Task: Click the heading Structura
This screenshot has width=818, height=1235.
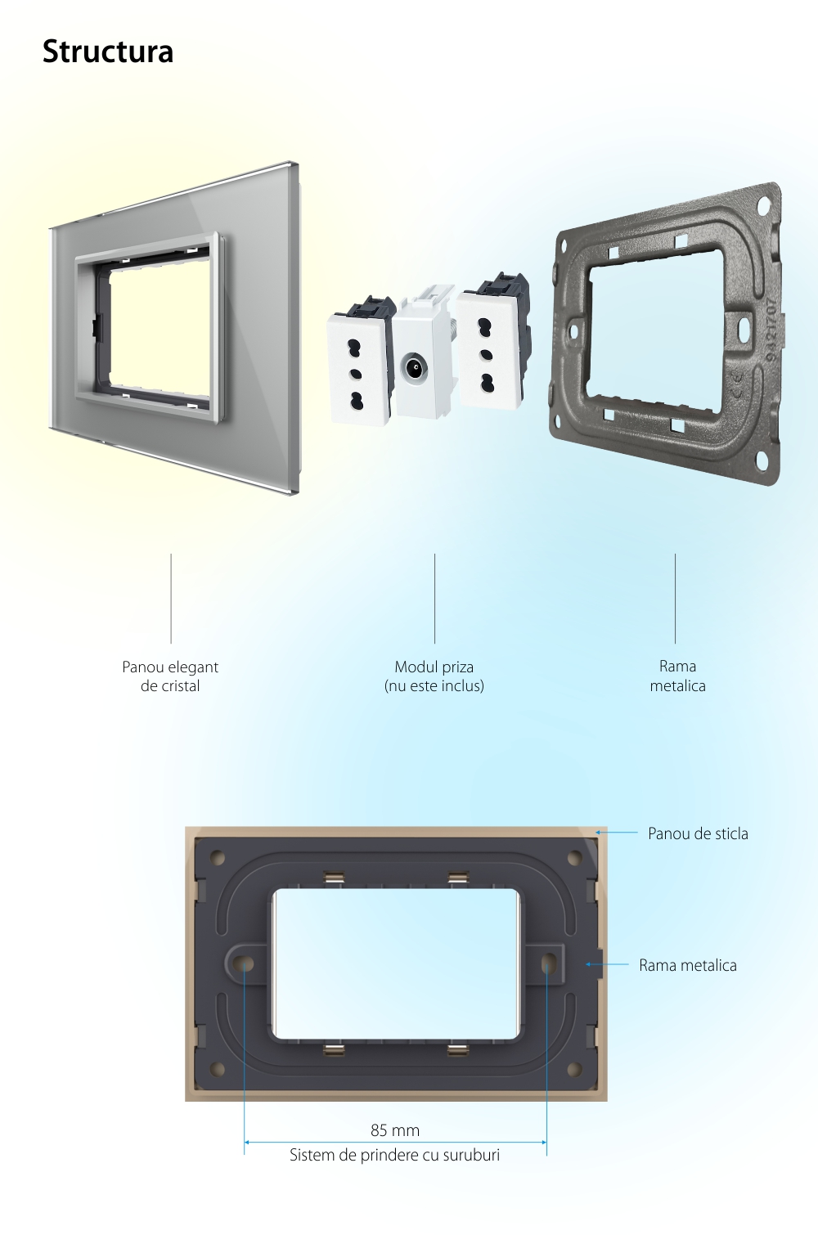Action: tap(108, 52)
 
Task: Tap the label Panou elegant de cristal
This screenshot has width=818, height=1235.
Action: tap(170, 676)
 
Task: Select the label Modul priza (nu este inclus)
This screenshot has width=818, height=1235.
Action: tap(434, 676)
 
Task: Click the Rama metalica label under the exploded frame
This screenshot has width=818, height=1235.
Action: tap(678, 676)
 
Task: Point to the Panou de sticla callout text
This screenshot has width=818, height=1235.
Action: tap(698, 833)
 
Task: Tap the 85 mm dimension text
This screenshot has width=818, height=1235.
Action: tap(395, 1130)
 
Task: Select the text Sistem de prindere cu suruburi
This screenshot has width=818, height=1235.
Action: tap(395, 1155)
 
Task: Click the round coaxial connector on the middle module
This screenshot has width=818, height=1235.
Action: tap(414, 366)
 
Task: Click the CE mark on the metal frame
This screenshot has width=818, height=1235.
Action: tap(737, 384)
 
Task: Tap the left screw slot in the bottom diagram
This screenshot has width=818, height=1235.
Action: tap(245, 964)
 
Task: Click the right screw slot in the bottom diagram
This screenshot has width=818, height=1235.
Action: tap(547, 963)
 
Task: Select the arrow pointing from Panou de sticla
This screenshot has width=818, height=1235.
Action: tap(616, 832)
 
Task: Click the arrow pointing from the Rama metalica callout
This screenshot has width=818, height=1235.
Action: tap(607, 964)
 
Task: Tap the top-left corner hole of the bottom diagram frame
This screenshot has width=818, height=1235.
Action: tap(218, 858)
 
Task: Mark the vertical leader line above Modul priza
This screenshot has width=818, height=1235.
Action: tap(434, 599)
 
